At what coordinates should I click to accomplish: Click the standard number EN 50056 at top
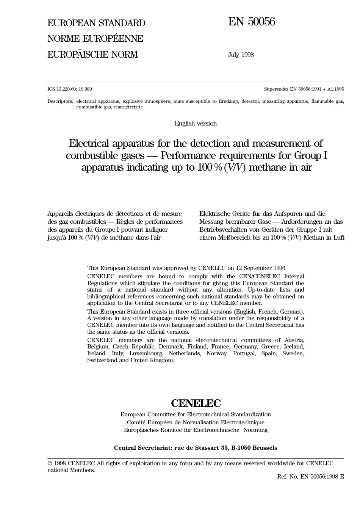pos(251,22)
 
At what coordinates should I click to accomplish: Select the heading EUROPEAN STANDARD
pos(96,23)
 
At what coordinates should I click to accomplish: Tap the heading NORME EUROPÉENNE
pos(95,39)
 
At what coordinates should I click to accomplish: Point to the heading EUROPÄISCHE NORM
pos(92,55)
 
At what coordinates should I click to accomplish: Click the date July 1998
pos(241,55)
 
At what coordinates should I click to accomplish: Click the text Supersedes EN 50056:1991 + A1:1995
pos(304,89)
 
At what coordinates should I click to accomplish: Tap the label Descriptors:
pos(60,101)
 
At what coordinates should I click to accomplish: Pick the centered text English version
pos(196,123)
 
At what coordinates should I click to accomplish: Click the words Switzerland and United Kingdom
pos(131,360)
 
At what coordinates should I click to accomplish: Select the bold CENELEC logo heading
pos(196,403)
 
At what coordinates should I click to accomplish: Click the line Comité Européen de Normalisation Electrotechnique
pos(196,422)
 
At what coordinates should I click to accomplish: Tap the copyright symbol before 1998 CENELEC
pos(50,463)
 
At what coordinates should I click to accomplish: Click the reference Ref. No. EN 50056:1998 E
pos(310,477)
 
